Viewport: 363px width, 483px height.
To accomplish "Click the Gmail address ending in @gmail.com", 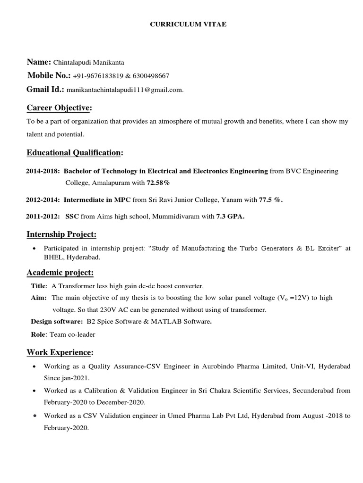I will [125, 90].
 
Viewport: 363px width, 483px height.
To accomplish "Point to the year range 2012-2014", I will [43, 200].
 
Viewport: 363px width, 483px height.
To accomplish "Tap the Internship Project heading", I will [61, 234].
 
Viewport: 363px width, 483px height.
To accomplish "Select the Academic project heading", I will [60, 273].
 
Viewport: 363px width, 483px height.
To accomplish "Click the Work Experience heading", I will [60, 352].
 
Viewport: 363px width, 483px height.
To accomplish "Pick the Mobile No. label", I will [49, 76].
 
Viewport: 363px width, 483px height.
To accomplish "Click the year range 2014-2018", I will [43, 171].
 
